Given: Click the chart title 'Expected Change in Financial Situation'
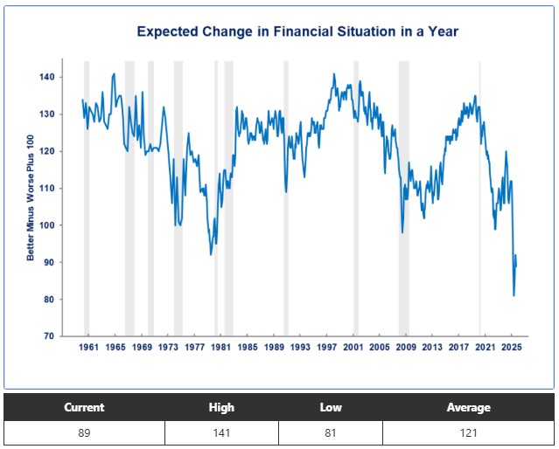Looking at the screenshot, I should [x=297, y=31].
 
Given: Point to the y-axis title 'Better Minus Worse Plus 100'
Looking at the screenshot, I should [x=31, y=198].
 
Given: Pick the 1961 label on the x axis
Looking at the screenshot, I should [x=89, y=348].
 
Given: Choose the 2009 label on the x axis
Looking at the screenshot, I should [x=406, y=348].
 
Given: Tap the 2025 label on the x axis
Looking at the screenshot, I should [x=512, y=348].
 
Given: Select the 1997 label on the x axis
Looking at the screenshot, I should [x=326, y=348].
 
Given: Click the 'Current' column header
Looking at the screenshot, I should [x=84, y=407].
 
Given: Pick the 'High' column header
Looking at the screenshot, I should [x=221, y=407].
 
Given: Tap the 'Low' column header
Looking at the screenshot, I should [x=331, y=407].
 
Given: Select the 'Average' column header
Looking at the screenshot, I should [x=468, y=407].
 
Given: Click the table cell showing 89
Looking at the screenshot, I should [x=84, y=433].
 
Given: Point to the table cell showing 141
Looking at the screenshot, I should [x=221, y=433].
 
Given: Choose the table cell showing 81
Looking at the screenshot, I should [x=331, y=433].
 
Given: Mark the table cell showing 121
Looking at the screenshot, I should [x=468, y=433].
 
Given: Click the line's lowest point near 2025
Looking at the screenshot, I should [x=514, y=295].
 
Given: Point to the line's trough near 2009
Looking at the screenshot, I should [x=402, y=232].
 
